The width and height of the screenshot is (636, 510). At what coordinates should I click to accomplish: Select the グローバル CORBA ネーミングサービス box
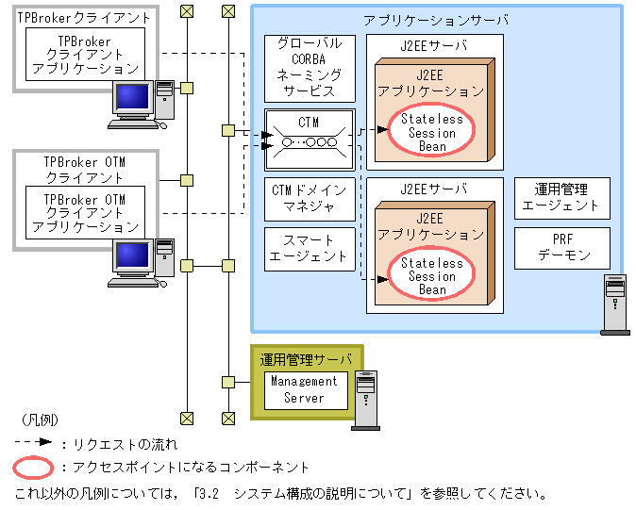click(310, 68)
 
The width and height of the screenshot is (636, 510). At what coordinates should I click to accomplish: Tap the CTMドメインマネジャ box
click(310, 198)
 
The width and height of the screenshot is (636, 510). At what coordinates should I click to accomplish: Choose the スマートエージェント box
click(310, 248)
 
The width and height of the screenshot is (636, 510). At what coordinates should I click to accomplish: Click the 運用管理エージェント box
click(561, 198)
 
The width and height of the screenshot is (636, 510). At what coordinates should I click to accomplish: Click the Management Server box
click(304, 389)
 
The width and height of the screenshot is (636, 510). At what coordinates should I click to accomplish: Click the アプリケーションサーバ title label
click(435, 20)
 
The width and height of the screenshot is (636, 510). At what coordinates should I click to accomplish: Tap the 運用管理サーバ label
click(306, 359)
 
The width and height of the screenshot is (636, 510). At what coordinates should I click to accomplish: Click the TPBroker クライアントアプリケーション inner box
click(85, 56)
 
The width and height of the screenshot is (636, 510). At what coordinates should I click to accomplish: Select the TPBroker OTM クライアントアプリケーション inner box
click(85, 213)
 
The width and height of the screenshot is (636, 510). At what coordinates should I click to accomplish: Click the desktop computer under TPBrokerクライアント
click(142, 105)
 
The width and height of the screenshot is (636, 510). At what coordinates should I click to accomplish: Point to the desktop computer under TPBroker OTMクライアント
click(142, 262)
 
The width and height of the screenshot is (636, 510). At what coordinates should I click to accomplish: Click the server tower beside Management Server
click(364, 400)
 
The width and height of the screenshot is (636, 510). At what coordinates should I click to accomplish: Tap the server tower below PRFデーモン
click(615, 304)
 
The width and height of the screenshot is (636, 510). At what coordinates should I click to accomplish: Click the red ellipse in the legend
click(34, 467)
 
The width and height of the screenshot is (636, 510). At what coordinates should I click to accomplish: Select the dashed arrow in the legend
click(34, 442)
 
